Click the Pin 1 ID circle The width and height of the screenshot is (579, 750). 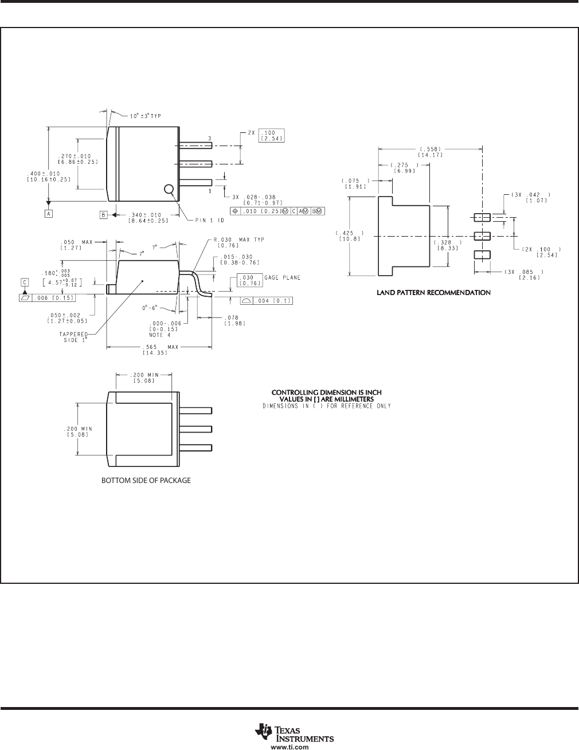coord(169,189)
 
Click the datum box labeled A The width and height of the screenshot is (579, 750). coord(49,214)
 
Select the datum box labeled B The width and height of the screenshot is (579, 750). coord(104,215)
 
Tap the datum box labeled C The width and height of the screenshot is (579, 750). coord(25,282)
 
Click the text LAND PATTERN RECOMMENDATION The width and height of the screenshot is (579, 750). coord(433,293)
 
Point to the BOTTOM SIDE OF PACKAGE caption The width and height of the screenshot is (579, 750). coord(146,481)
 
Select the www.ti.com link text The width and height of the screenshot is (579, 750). coord(294,744)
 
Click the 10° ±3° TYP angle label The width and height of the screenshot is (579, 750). coord(146,116)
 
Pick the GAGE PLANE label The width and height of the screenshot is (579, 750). coord(283,277)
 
